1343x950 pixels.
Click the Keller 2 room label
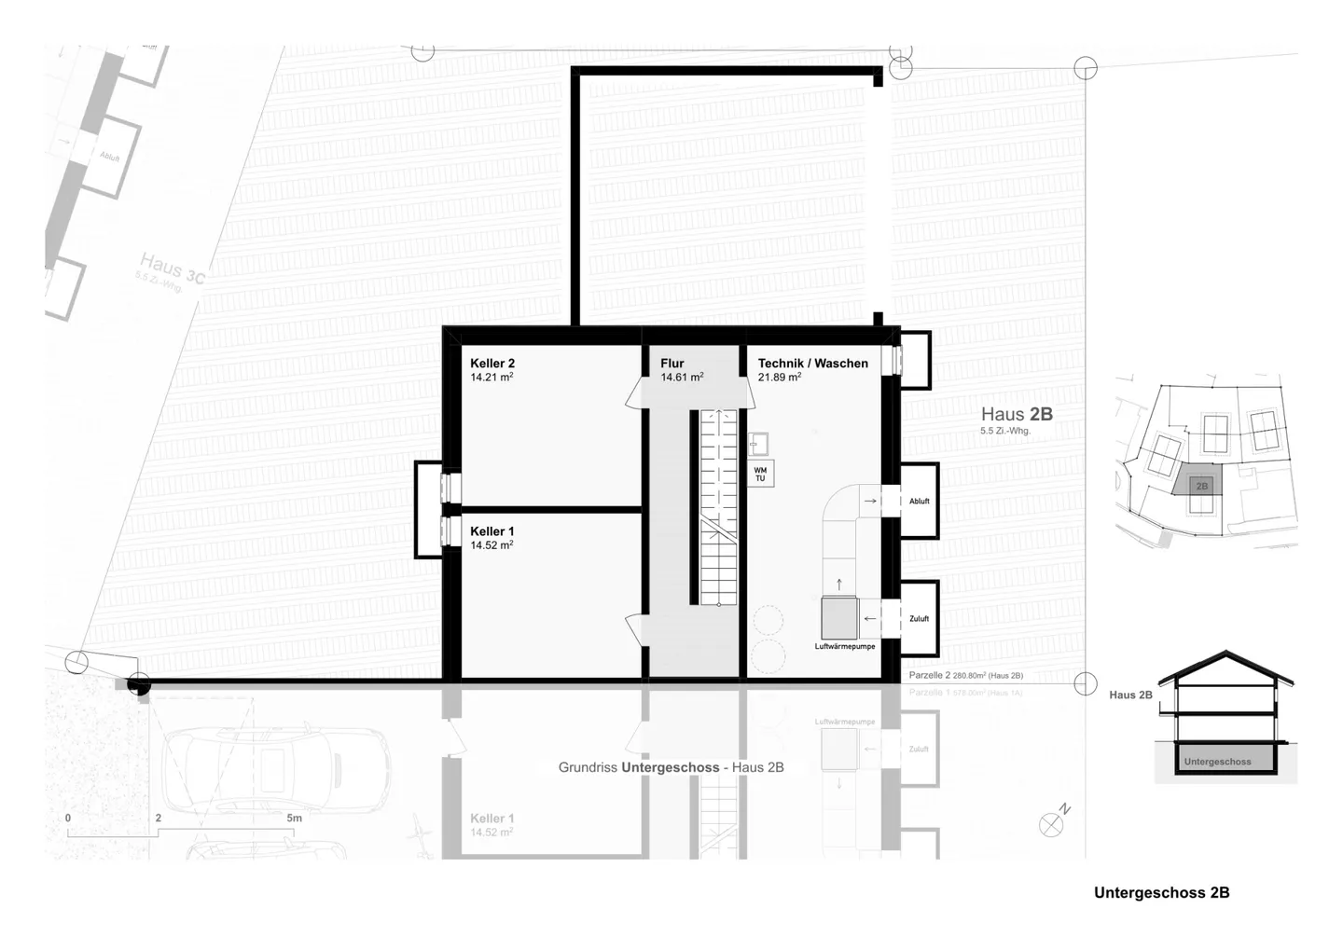[492, 364]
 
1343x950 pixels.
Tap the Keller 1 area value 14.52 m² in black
[492, 545]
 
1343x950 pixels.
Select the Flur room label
[671, 364]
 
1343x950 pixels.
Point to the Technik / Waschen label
[812, 364]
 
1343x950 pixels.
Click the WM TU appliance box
[760, 474]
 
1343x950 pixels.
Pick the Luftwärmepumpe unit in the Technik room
[839, 617]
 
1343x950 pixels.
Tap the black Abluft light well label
[919, 502]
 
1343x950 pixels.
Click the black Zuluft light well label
[919, 618]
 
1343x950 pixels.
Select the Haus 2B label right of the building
[1016, 415]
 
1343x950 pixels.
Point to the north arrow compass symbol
[1052, 824]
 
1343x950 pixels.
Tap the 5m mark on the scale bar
[294, 819]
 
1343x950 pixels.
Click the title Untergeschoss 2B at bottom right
[1161, 892]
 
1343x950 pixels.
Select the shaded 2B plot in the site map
[1201, 485]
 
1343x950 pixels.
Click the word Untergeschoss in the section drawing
[1217, 762]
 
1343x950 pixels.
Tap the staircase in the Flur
[718, 508]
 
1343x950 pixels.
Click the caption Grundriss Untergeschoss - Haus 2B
[671, 767]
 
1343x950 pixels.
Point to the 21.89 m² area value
[780, 378]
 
